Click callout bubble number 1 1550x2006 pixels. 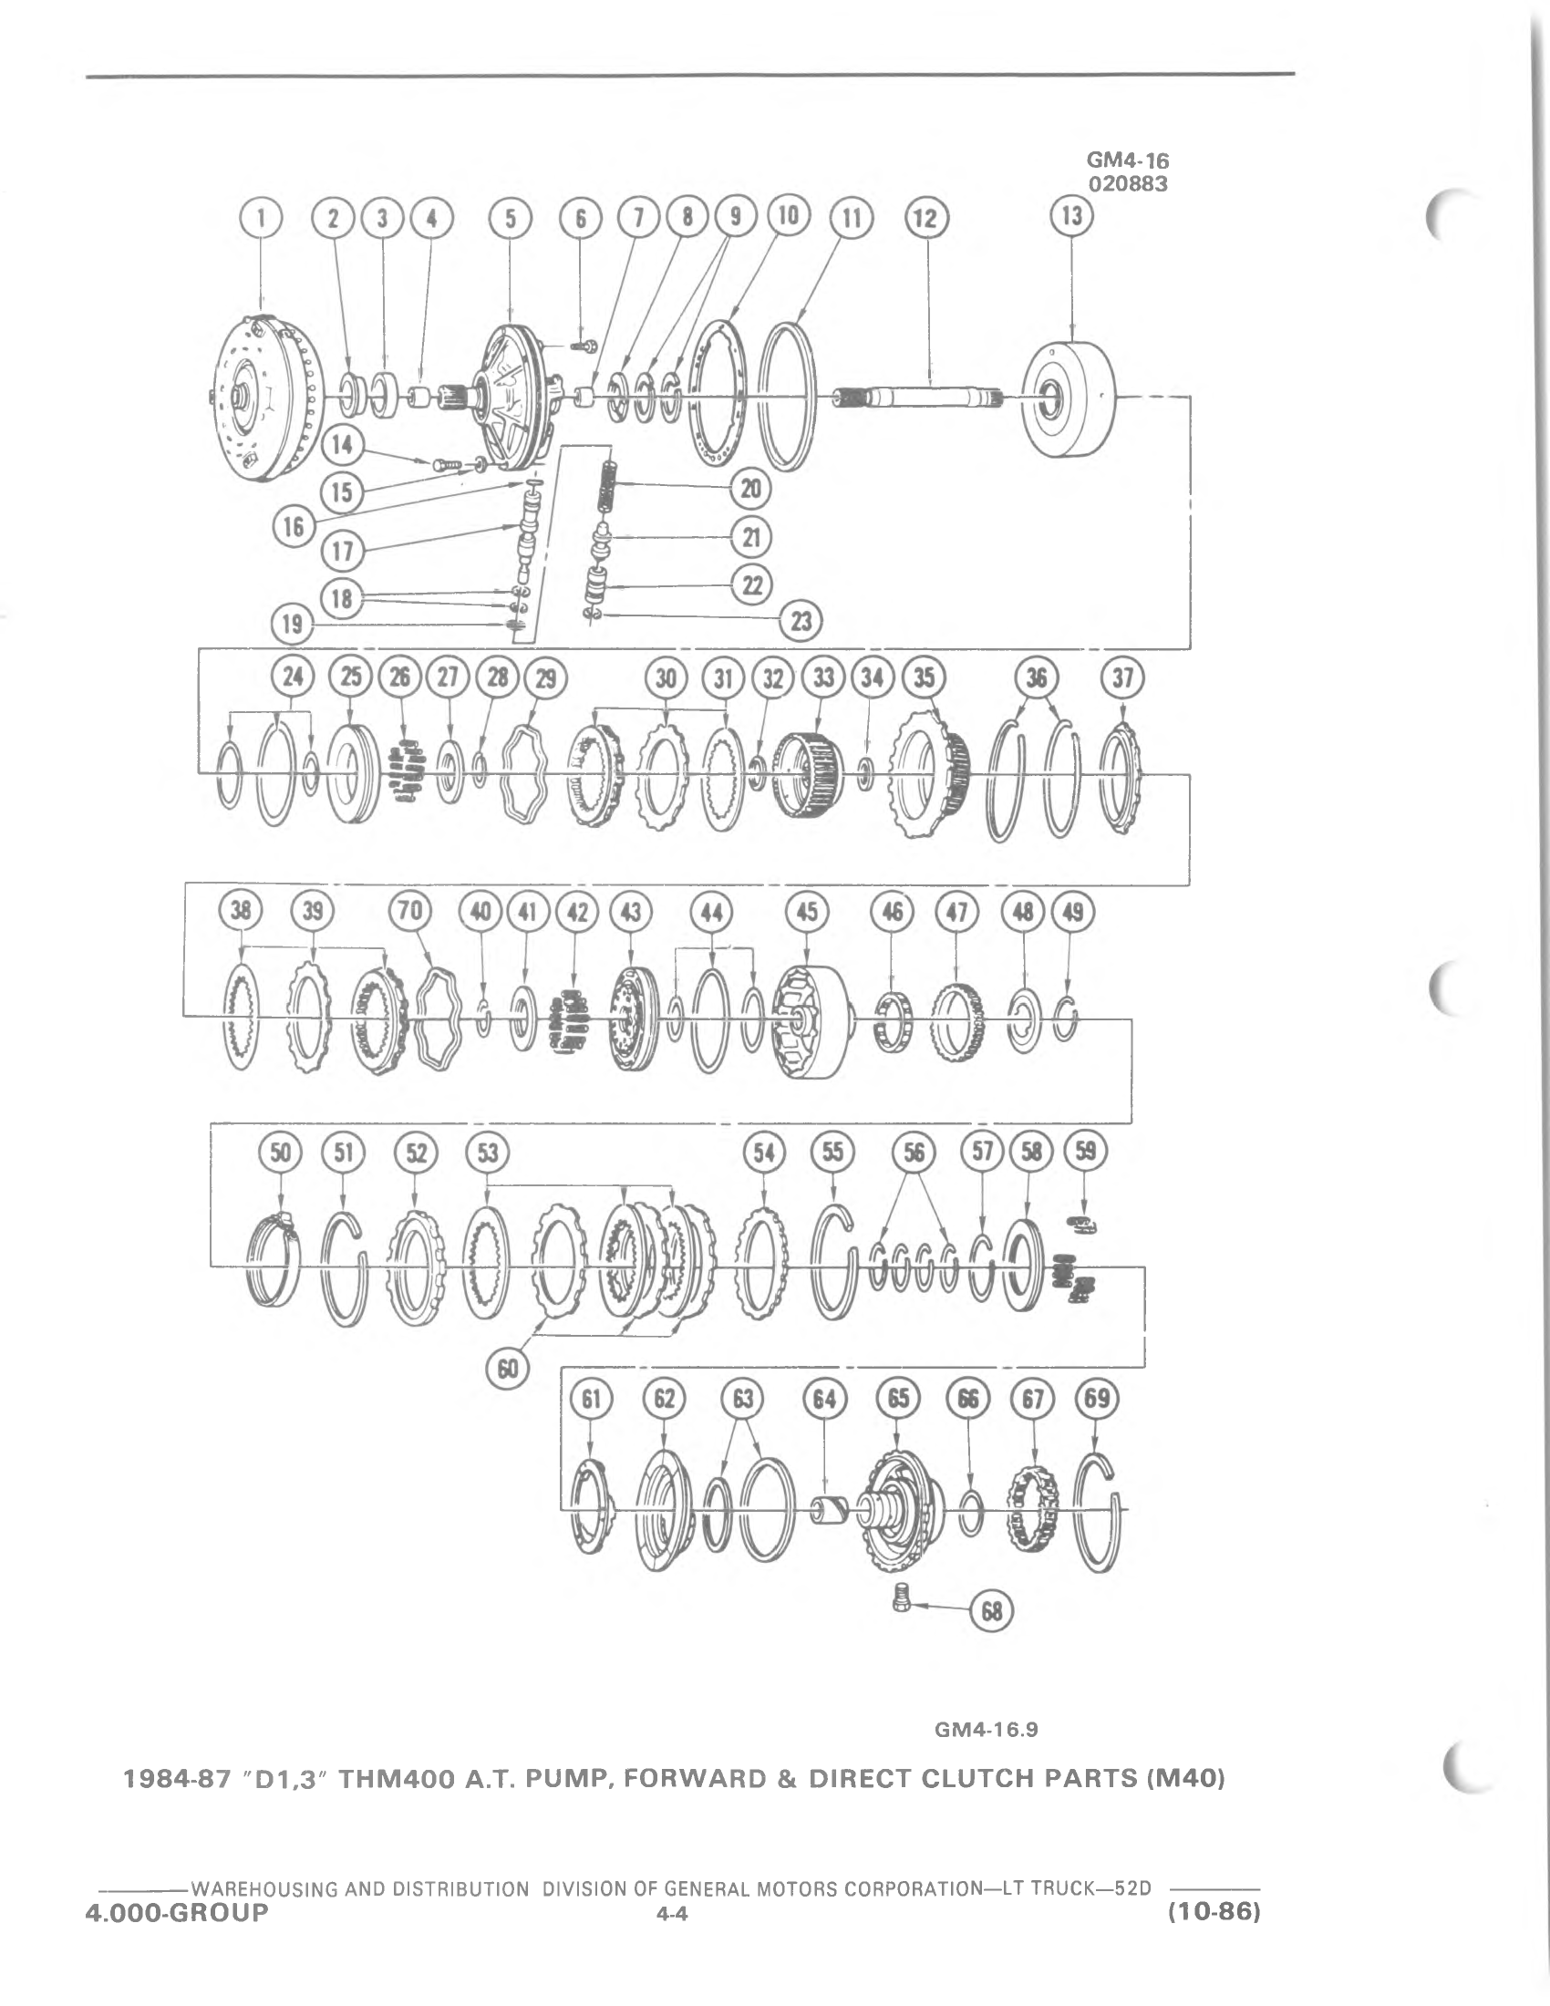tap(262, 219)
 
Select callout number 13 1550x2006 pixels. tap(1071, 218)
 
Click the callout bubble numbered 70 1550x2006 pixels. tap(409, 911)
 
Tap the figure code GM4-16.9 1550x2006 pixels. tap(986, 1730)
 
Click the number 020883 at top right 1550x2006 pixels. tap(1128, 183)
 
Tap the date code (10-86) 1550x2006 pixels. tap(1211, 1912)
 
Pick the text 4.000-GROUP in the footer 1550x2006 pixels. tap(177, 1912)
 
